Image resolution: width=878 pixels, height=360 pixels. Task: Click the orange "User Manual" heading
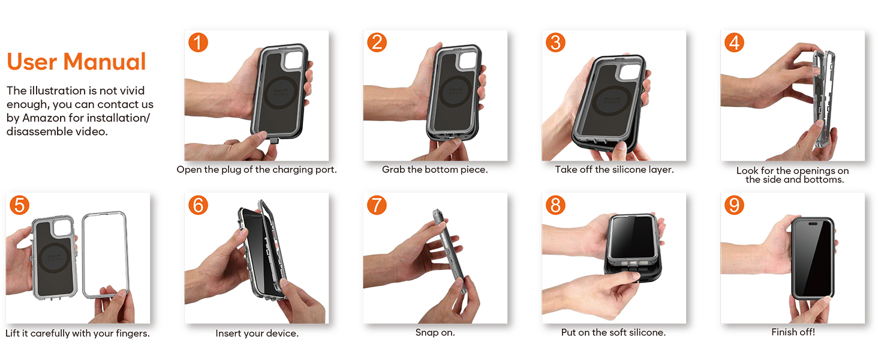click(x=76, y=62)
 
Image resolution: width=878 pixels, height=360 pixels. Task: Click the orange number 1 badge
click(x=199, y=43)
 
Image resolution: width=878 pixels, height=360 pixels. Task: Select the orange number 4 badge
click(x=734, y=43)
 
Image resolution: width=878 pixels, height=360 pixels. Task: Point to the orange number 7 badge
click(x=377, y=205)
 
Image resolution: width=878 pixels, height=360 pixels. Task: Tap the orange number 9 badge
click(x=734, y=205)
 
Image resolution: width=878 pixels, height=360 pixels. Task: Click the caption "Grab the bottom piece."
click(x=435, y=169)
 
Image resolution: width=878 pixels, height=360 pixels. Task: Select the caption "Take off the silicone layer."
click(x=614, y=169)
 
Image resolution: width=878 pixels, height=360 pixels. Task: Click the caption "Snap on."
click(x=435, y=332)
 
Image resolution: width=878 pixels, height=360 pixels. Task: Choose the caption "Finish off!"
click(x=793, y=332)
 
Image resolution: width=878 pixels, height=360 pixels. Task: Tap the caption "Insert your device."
click(x=257, y=334)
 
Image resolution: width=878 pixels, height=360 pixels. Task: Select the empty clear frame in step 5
click(x=83, y=255)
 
